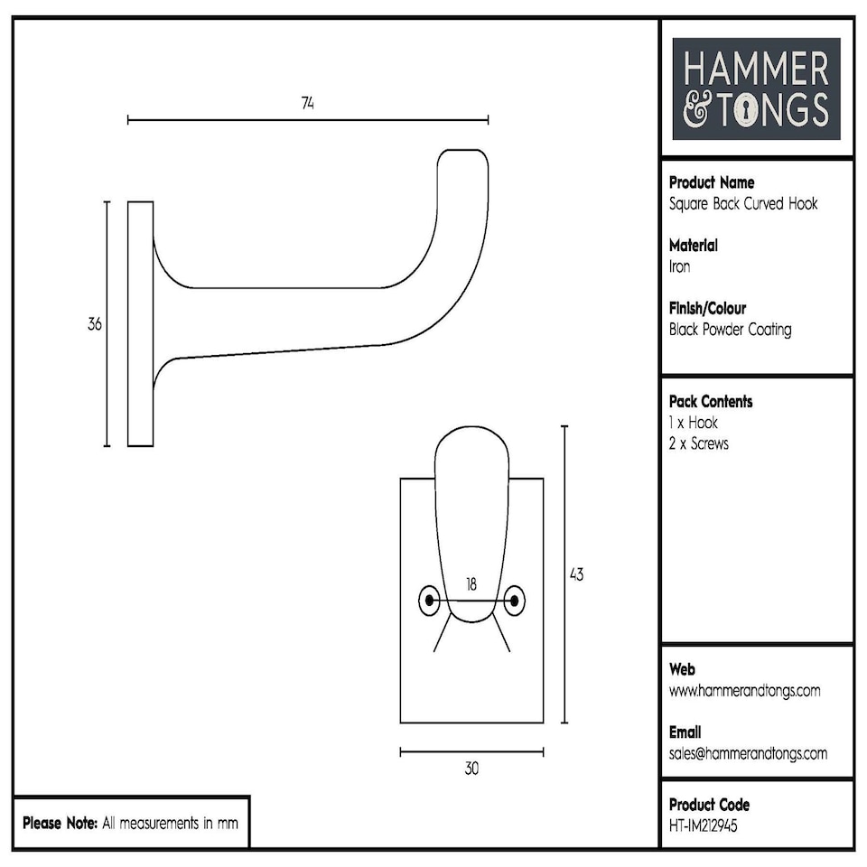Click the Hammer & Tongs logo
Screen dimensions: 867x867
coord(756,89)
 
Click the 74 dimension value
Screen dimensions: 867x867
coord(308,103)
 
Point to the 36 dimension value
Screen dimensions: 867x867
coord(95,324)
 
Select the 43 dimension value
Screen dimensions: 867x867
coord(575,574)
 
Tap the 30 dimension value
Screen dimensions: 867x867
coord(471,769)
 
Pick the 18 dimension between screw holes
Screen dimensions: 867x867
coord(471,584)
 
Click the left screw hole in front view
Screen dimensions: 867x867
coord(429,601)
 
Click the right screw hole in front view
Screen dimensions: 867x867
coord(515,601)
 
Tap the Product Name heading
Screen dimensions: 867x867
coord(712,182)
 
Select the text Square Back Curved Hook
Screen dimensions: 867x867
coord(743,203)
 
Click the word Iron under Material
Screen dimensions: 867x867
coord(679,266)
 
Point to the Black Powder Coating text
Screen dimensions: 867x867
coord(730,330)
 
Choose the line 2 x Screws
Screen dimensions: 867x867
coord(698,443)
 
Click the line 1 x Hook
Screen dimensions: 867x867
coord(694,423)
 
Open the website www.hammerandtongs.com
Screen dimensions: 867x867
coord(744,691)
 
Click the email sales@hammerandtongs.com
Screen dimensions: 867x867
coord(748,753)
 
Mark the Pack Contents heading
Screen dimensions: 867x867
coord(711,401)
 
